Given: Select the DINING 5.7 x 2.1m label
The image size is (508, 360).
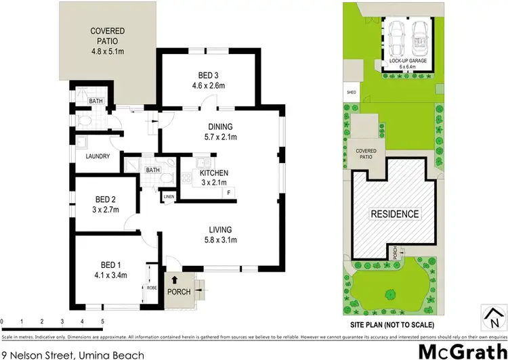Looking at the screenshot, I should [221, 131].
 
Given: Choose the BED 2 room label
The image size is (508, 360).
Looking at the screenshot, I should [105, 204].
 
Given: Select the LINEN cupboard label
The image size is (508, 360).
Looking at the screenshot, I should [169, 197].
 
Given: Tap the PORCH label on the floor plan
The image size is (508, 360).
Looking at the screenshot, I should [179, 292].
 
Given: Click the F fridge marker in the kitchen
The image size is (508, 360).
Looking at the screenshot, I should [228, 193].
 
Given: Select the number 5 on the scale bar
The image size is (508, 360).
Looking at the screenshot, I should [102, 321].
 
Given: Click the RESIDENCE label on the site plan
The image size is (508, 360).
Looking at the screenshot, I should [394, 214].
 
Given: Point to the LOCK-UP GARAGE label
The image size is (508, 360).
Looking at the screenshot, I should [408, 64].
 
